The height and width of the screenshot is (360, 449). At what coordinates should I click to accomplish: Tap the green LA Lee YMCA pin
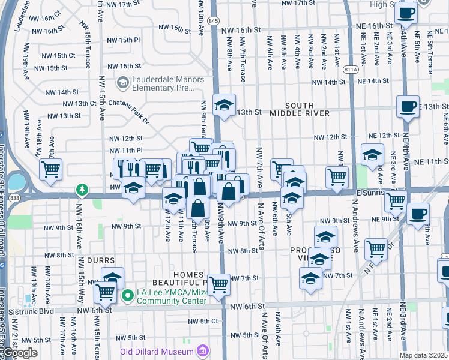pos(128,295)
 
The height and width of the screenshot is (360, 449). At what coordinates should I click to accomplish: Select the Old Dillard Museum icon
pos(203,350)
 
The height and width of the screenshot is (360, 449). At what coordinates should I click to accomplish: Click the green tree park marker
pos(82,191)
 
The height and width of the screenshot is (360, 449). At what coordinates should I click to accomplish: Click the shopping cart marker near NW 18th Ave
pos(50,169)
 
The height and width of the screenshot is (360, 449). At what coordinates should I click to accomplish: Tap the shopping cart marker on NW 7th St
pos(219,284)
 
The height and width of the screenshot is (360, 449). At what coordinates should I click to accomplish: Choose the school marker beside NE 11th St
pos(372,154)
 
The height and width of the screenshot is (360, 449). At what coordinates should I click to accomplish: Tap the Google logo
pos(19,353)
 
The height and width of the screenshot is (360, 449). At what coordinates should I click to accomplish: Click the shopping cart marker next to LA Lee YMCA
pos(106,292)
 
